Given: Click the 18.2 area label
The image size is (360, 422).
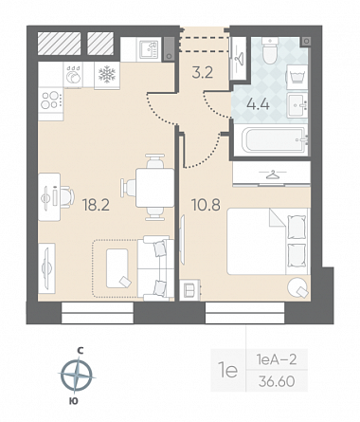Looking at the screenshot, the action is point(96,205).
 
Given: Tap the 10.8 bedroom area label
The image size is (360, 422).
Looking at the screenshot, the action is point(206,205).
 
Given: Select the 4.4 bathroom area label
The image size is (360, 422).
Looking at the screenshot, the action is point(258,103).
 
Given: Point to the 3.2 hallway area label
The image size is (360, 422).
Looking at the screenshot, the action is point(203,73).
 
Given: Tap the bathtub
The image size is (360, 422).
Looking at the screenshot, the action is point(275,139).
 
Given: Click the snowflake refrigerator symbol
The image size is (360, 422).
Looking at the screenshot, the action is point(107,75).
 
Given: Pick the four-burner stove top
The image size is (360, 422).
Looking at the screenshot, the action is point(50,100).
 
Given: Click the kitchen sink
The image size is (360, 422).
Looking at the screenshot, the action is point(149,49).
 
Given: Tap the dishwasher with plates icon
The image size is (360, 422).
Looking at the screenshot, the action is point(73,75).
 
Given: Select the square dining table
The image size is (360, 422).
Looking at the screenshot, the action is point(154,188).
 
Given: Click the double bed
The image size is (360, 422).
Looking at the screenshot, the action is point(267,241).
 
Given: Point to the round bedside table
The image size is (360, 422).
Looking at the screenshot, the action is point(297,286).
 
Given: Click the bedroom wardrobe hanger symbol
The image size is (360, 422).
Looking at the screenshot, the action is point(272,174).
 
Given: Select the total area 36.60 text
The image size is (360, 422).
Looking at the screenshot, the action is point(277,381).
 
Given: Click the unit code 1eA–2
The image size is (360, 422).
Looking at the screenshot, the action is point(277,359).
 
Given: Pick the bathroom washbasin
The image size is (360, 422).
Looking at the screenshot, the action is point(297,105).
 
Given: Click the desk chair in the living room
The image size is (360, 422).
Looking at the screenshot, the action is point(65,197).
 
